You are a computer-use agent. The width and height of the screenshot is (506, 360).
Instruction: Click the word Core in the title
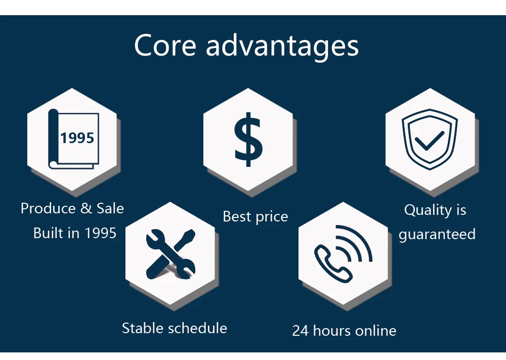click(165, 46)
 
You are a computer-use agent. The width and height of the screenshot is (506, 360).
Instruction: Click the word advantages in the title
click(282, 47)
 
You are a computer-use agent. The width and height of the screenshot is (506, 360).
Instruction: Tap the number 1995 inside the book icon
click(77, 138)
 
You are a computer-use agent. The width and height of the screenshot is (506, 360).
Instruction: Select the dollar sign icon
click(248, 140)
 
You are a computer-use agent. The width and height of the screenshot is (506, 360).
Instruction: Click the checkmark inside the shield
click(429, 141)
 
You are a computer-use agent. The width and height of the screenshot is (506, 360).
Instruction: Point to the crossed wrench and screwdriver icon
click(171, 254)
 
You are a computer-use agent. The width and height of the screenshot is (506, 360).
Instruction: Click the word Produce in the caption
click(49, 208)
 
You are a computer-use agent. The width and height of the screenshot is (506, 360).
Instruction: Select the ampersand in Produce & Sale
click(86, 208)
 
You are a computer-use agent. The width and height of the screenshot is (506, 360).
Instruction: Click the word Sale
click(110, 208)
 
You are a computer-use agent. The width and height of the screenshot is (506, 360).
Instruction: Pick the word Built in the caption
click(48, 233)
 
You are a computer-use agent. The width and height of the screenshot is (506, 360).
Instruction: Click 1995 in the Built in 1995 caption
click(100, 233)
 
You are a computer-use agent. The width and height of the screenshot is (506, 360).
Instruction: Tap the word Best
click(237, 216)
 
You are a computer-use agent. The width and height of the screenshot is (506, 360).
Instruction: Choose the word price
click(271, 217)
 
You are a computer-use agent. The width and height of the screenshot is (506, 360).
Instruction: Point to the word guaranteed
click(437, 235)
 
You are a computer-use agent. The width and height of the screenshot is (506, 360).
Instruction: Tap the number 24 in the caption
click(301, 331)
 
